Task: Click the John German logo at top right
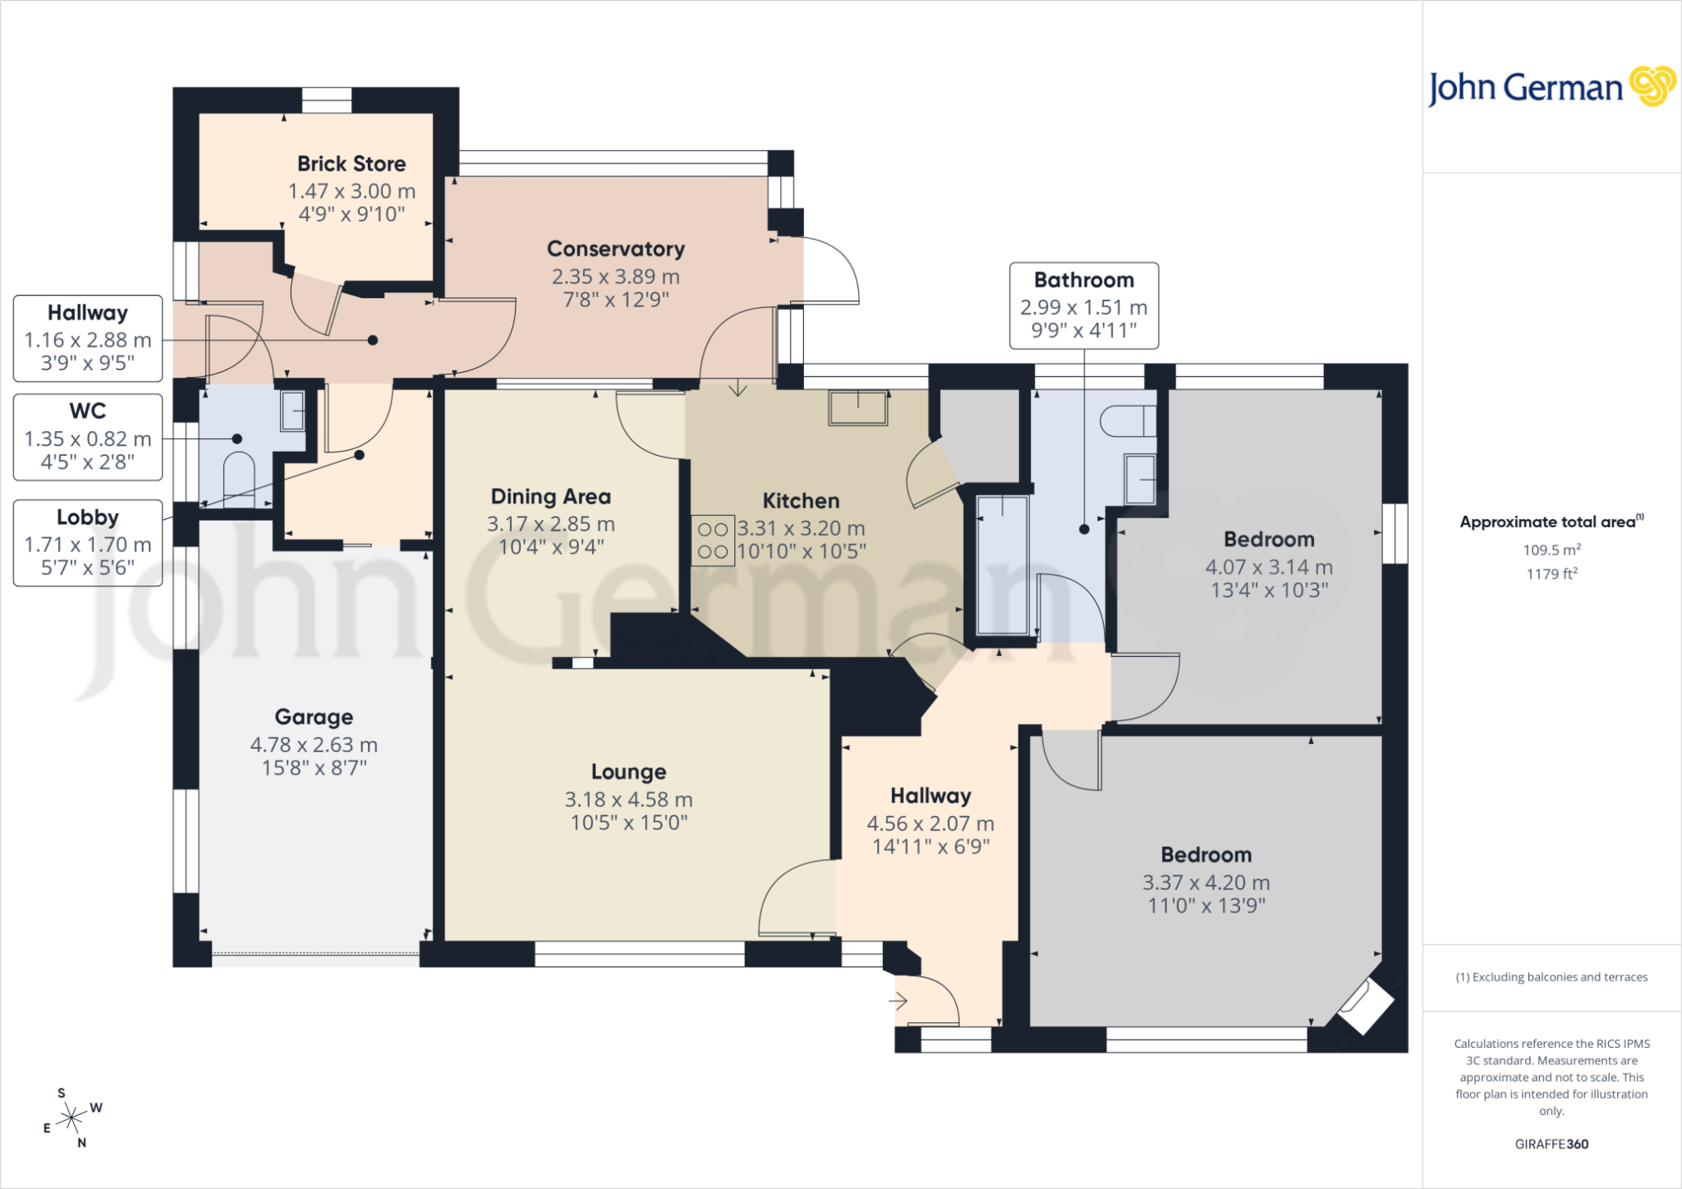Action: [x=1551, y=87]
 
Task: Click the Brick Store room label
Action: [x=351, y=164]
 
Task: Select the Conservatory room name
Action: [x=615, y=249]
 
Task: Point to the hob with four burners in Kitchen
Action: [x=713, y=541]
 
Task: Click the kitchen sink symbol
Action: [x=858, y=408]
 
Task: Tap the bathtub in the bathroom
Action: [x=1003, y=565]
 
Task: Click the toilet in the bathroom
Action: [x=1128, y=421]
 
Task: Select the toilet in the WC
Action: [x=239, y=480]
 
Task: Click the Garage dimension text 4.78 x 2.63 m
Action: [x=314, y=745]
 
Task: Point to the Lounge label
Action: [x=629, y=771]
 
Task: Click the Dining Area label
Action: [x=551, y=497]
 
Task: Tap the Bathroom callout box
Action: [x=1084, y=306]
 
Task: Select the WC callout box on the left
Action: [x=88, y=437]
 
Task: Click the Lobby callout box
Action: [x=88, y=543]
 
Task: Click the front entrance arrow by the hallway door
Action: [x=898, y=1001]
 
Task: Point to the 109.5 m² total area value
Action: [x=1552, y=550]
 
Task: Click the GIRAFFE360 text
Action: [x=1552, y=1144]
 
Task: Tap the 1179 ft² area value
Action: [x=1552, y=574]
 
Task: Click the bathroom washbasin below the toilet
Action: [x=1140, y=479]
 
